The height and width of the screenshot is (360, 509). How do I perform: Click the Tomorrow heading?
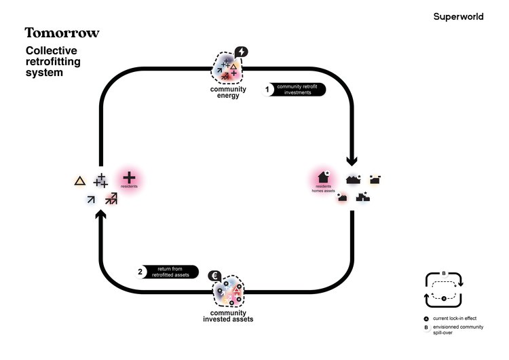tap(62, 33)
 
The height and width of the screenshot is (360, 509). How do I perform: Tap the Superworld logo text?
tap(458, 16)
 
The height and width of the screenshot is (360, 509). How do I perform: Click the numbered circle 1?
tap(267, 89)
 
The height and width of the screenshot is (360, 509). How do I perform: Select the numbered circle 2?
tap(140, 272)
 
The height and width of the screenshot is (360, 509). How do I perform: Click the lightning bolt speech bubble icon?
tap(241, 52)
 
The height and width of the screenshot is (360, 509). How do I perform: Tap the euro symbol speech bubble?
tap(214, 276)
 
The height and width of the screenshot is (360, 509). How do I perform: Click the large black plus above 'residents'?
tap(129, 175)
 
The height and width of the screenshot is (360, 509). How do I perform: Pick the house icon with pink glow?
tap(323, 178)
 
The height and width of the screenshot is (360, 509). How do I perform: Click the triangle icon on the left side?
tap(79, 181)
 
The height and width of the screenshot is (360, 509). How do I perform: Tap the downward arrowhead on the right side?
tap(352, 161)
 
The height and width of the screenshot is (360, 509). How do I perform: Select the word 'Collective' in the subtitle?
tap(52, 51)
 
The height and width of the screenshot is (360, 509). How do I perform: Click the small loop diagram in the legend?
tap(444, 289)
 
